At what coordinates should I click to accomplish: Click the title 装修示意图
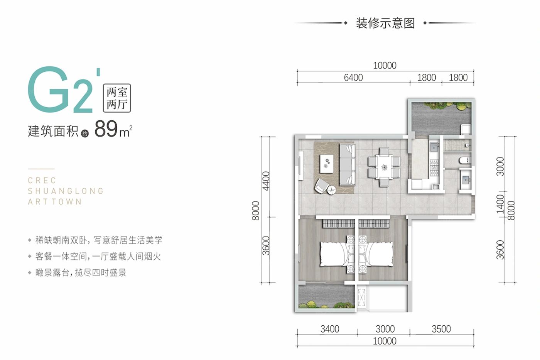[x=385, y=23]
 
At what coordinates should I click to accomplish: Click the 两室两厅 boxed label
[x=117, y=98]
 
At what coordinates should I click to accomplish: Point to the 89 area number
[x=106, y=129]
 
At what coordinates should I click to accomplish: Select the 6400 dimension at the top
[x=353, y=78]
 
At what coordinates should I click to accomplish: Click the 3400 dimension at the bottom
[x=329, y=329]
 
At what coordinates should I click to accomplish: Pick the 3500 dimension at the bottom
[x=441, y=329]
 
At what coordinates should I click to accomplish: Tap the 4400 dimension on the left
[x=266, y=181]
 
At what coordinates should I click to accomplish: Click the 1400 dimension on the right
[x=500, y=204]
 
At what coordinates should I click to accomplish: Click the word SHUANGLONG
[x=66, y=191]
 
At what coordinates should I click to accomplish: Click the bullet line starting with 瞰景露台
[x=81, y=273]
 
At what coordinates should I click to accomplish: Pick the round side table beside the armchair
[x=331, y=190]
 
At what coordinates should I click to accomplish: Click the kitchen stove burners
[x=435, y=167]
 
